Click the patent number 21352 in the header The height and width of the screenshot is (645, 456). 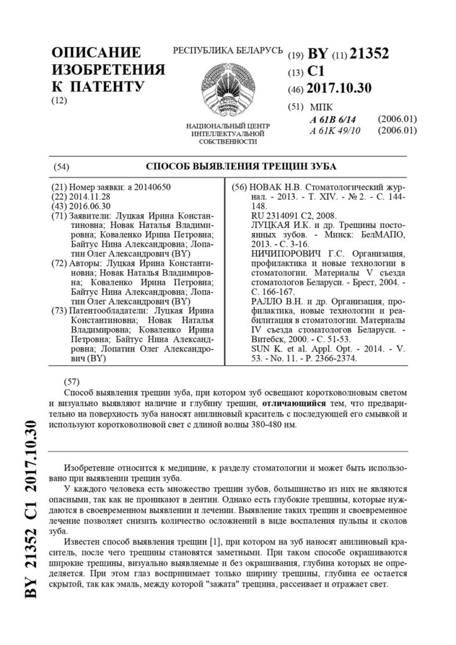click(368, 55)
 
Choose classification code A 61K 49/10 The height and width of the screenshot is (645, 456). click(335, 130)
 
